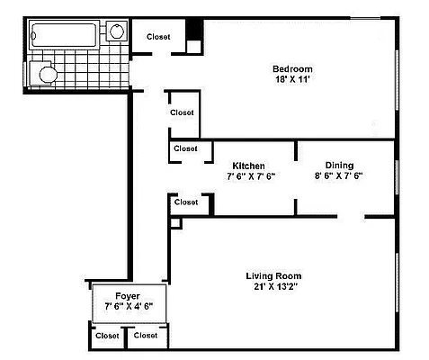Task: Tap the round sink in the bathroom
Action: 116,32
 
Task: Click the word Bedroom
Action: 292,69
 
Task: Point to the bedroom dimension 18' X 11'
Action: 292,81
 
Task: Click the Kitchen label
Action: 248,166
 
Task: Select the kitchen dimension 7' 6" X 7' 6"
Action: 250,176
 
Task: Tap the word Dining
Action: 339,165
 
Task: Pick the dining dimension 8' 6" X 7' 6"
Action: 338,176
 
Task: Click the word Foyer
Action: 128,295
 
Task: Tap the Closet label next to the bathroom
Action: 159,36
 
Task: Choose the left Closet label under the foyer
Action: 107,336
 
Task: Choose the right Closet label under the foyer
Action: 145,336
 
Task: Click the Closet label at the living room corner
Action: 186,202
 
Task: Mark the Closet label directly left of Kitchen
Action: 185,148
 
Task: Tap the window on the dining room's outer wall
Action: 396,177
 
